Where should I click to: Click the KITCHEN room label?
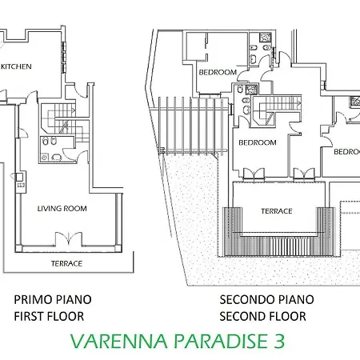click(16, 67)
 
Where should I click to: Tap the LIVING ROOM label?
click(62, 209)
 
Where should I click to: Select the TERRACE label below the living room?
click(66, 263)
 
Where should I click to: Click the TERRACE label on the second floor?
click(276, 211)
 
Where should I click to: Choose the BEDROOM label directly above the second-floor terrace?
click(258, 142)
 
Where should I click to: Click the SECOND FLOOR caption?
click(262, 316)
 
